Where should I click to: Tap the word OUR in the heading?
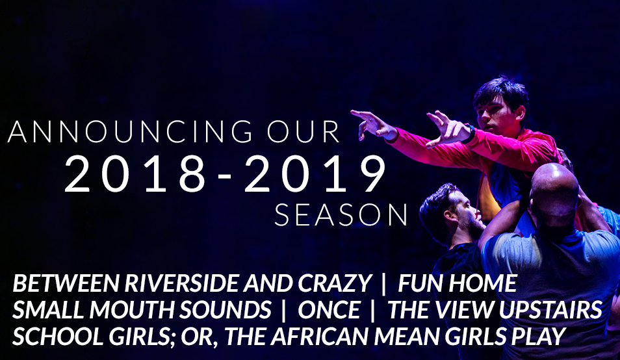coord(304,132)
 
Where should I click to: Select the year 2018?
coord(135,174)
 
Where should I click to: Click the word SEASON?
coord(341,215)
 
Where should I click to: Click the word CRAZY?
coord(335,283)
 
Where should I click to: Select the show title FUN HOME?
coord(458,283)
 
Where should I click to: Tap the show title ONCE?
coord(329,309)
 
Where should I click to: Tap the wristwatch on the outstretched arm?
coord(469,134)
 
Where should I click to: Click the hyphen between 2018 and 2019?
coord(225,177)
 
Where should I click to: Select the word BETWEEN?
coord(66,283)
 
